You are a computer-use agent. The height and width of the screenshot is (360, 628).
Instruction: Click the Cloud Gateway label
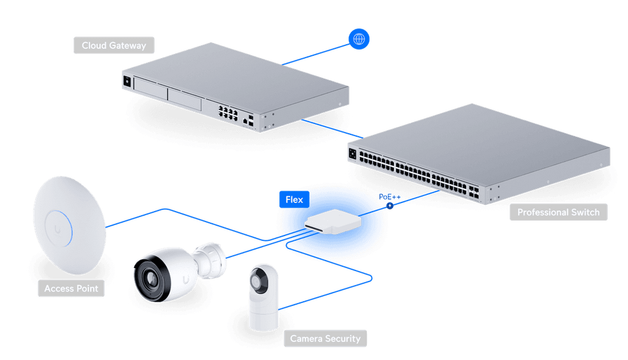(x=113, y=45)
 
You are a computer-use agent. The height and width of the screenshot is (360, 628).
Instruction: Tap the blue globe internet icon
(x=359, y=39)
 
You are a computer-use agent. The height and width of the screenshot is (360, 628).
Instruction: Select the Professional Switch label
(x=558, y=212)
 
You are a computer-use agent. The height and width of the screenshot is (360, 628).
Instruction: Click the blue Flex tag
(x=294, y=199)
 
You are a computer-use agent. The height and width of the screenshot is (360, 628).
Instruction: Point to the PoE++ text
(x=389, y=197)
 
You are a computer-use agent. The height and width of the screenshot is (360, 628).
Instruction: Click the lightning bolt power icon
(x=389, y=206)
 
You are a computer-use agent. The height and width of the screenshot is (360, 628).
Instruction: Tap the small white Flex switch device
(x=333, y=221)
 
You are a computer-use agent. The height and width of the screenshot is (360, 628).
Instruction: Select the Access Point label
(x=71, y=288)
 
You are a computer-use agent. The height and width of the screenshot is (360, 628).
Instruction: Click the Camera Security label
(x=325, y=339)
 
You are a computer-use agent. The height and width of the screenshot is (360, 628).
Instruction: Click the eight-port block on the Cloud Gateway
(x=228, y=112)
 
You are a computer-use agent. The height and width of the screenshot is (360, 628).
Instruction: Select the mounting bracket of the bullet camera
(x=210, y=260)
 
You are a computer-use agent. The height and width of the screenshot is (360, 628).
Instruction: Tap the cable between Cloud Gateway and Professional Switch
(x=332, y=129)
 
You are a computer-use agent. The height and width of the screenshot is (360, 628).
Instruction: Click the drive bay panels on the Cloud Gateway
(x=167, y=93)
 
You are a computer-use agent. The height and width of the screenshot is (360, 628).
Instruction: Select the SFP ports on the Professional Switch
(x=473, y=192)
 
